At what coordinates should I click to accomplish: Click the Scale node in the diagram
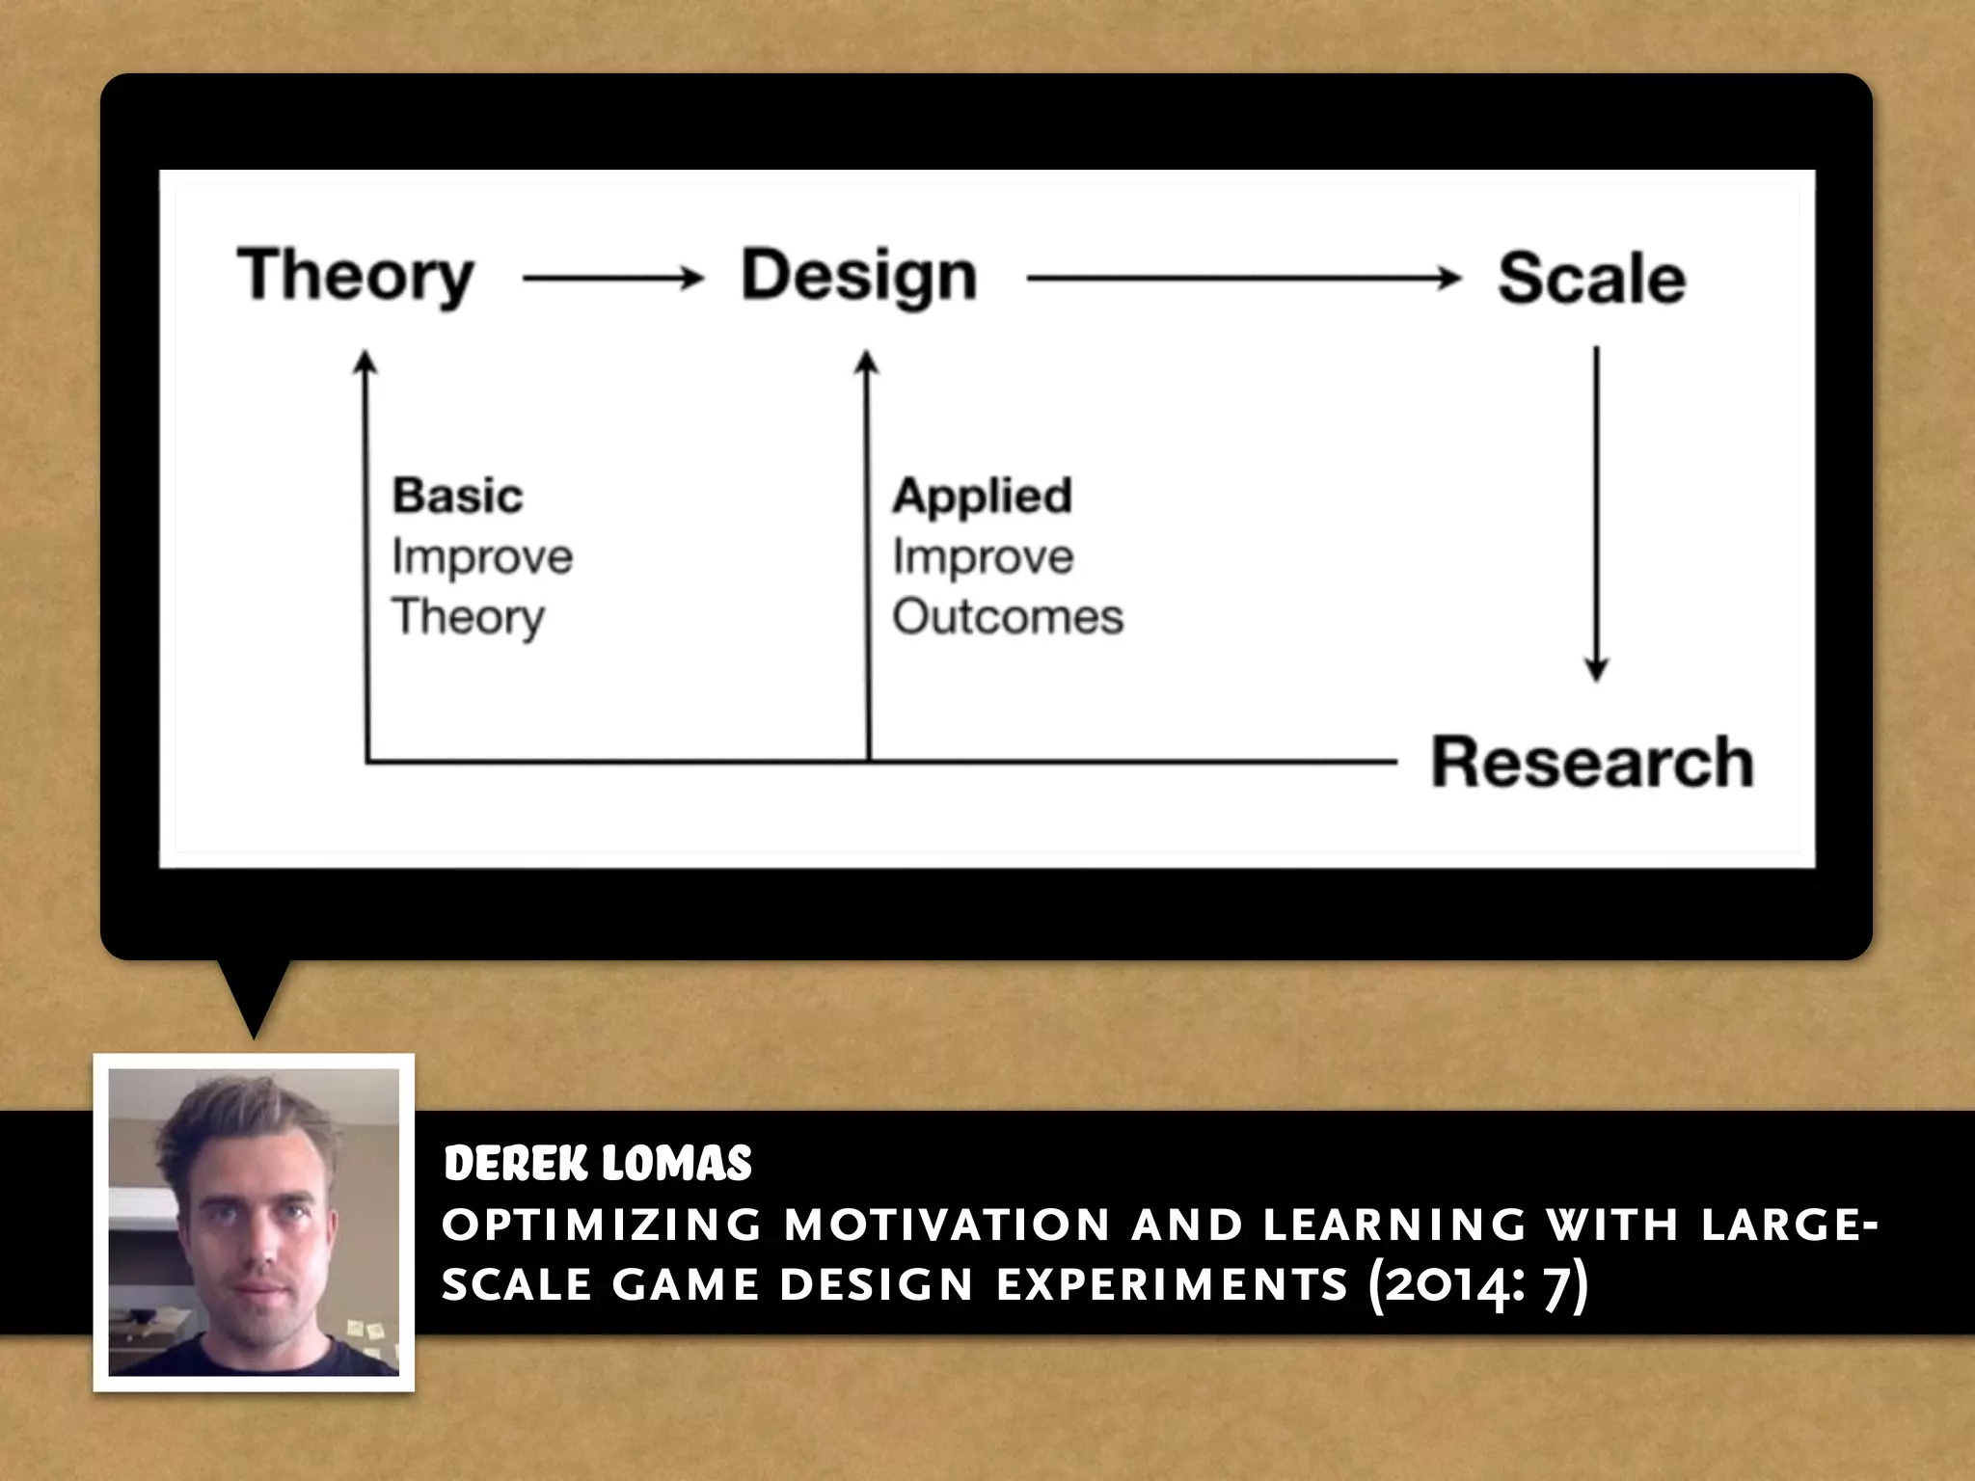tap(1591, 280)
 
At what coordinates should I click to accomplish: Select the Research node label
tap(1591, 762)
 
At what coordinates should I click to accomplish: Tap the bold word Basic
tap(457, 496)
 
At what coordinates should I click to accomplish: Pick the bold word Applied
tap(982, 496)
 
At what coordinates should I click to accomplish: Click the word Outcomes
tap(1008, 617)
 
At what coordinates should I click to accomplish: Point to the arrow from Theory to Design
tap(613, 280)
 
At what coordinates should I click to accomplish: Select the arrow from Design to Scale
tap(1244, 280)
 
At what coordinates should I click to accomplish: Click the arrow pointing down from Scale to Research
tap(1596, 511)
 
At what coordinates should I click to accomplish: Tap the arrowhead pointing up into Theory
tap(365, 364)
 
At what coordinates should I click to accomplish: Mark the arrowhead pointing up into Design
tap(867, 364)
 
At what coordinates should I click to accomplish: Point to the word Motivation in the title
tap(948, 1225)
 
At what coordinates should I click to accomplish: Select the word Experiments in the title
tap(1172, 1285)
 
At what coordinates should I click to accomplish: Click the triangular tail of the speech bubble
tap(254, 998)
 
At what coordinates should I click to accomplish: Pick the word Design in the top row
tap(858, 277)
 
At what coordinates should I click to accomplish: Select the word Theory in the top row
tap(356, 277)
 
